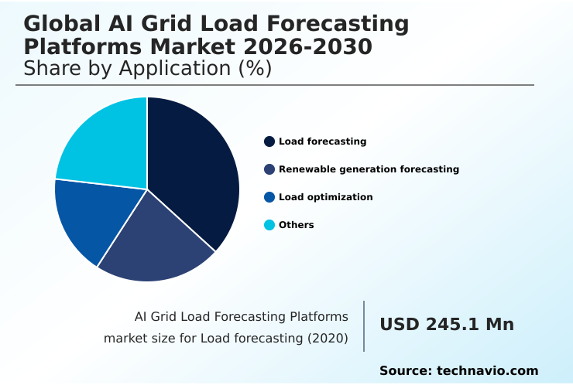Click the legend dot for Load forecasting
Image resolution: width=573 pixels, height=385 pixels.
[x=269, y=141]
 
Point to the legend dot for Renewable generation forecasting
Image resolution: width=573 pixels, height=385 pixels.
[x=269, y=169]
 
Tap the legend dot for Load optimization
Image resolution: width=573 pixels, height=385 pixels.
[x=269, y=197]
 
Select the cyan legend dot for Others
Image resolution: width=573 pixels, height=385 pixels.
[x=269, y=225]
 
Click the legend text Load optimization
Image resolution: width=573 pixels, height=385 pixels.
[x=325, y=197]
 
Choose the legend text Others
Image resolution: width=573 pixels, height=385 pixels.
[x=297, y=225]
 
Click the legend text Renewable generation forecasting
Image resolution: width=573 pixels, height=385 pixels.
[x=369, y=169]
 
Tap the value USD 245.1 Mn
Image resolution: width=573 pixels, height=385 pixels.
[x=446, y=325]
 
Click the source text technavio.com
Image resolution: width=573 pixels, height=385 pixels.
[x=487, y=371]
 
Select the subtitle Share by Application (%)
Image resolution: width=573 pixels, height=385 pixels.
[x=147, y=69]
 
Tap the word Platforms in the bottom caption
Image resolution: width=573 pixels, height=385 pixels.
[x=318, y=316]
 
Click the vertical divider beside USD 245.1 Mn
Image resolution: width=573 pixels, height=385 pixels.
[x=364, y=326]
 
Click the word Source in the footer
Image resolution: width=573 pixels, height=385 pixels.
[x=404, y=371]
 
